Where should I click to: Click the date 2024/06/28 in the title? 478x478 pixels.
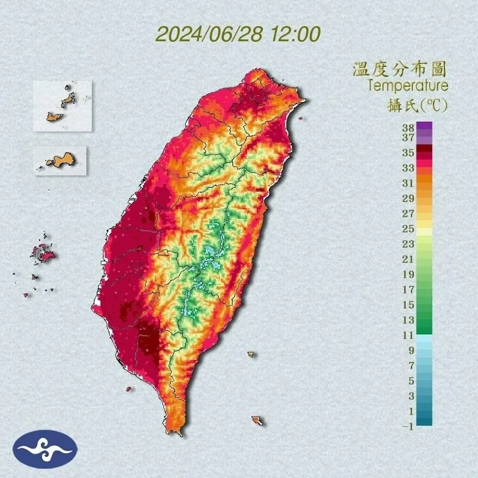(x=209, y=34)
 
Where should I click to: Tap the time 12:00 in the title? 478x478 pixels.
(x=294, y=34)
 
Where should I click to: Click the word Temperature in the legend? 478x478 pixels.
(x=407, y=85)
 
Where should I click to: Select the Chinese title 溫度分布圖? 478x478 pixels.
(x=400, y=70)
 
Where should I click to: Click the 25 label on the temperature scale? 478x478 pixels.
(x=408, y=228)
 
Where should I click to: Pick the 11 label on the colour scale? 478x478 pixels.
(x=408, y=335)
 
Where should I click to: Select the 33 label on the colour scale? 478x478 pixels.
(x=408, y=168)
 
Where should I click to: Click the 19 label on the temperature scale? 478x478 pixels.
(x=408, y=274)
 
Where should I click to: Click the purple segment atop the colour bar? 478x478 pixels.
(x=425, y=127)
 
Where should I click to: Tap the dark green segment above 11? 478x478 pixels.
(x=425, y=329)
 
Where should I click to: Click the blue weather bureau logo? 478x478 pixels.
(x=45, y=449)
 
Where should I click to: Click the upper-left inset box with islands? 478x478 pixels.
(x=62, y=106)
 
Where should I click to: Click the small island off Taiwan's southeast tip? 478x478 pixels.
(x=257, y=420)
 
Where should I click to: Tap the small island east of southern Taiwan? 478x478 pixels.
(x=251, y=354)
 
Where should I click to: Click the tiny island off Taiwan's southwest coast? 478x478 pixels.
(x=129, y=389)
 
